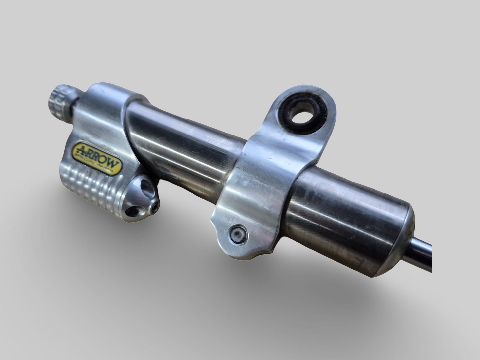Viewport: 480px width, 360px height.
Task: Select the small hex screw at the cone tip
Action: click(x=154, y=207)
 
